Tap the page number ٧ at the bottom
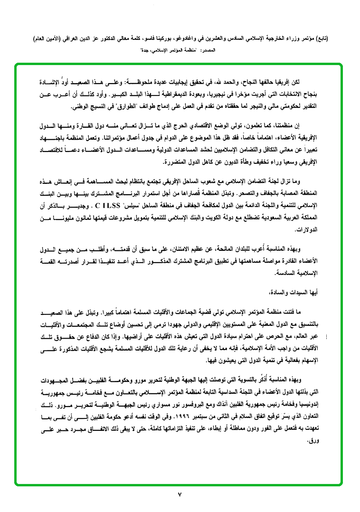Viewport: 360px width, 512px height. pos(180,494)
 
